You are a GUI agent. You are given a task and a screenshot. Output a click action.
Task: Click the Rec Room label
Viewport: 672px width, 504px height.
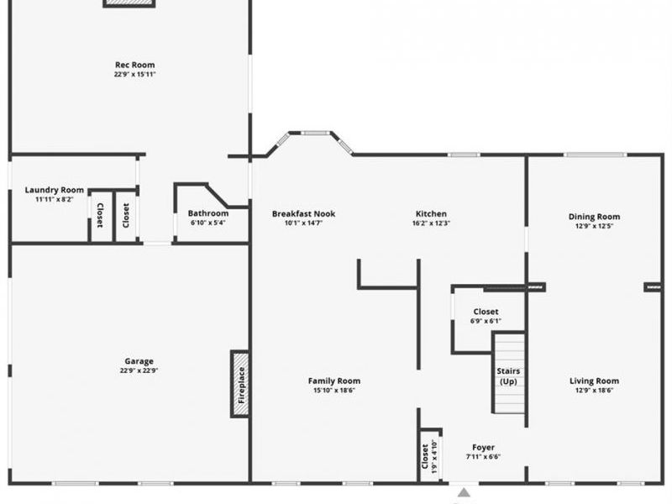(134, 65)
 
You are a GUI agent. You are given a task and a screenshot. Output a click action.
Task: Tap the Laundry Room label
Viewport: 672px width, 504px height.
(54, 190)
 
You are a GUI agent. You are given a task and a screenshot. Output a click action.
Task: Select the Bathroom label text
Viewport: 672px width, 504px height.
(207, 213)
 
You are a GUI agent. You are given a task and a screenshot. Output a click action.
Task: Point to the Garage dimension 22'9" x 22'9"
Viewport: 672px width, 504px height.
(139, 370)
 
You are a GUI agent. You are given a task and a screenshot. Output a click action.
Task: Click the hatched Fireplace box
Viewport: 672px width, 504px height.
(240, 384)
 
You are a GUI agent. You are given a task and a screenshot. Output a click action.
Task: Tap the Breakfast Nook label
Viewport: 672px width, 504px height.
(303, 214)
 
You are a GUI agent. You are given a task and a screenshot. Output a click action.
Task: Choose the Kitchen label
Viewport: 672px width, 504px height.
(431, 214)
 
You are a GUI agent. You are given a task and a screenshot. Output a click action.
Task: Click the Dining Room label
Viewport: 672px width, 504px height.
(594, 217)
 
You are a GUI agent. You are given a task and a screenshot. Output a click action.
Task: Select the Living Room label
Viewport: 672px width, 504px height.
(594, 381)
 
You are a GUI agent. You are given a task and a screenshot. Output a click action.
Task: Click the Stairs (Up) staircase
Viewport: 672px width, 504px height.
(508, 375)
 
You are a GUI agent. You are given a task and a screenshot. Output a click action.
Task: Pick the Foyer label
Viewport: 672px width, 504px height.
(483, 448)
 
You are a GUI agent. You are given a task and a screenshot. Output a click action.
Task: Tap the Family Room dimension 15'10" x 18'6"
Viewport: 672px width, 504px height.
(333, 391)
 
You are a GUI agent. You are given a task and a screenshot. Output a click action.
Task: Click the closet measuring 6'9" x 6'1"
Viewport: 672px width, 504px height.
(486, 316)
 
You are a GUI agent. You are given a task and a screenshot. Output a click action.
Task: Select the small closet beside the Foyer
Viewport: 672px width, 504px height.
(430, 457)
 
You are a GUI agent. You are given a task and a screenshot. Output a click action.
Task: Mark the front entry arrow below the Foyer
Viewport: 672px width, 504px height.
(463, 494)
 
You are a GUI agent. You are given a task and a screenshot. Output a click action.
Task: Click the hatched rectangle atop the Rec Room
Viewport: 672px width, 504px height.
(129, 3)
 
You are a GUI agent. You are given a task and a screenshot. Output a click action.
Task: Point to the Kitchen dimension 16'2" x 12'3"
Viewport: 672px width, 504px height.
(431, 223)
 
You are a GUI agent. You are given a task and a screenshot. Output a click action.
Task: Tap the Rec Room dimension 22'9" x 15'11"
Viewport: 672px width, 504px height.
(134, 74)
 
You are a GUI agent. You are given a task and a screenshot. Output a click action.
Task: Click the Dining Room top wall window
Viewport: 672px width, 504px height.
(595, 155)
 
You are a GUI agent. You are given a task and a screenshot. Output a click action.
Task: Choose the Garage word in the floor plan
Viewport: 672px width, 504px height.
(139, 361)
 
